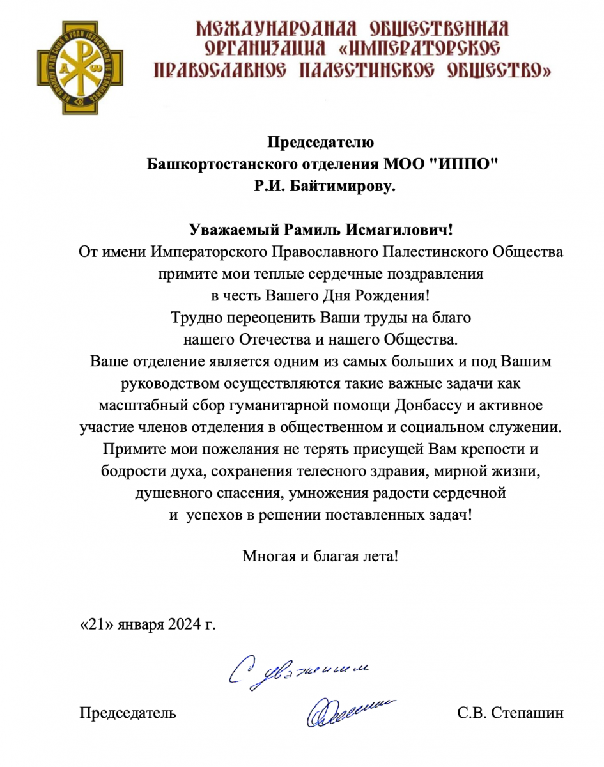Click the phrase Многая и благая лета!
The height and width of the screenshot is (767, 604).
coord(320,555)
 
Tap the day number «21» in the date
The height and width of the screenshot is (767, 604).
coord(97,623)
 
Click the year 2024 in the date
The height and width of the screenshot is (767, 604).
coord(185,623)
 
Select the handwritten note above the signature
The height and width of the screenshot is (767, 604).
coord(300,674)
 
